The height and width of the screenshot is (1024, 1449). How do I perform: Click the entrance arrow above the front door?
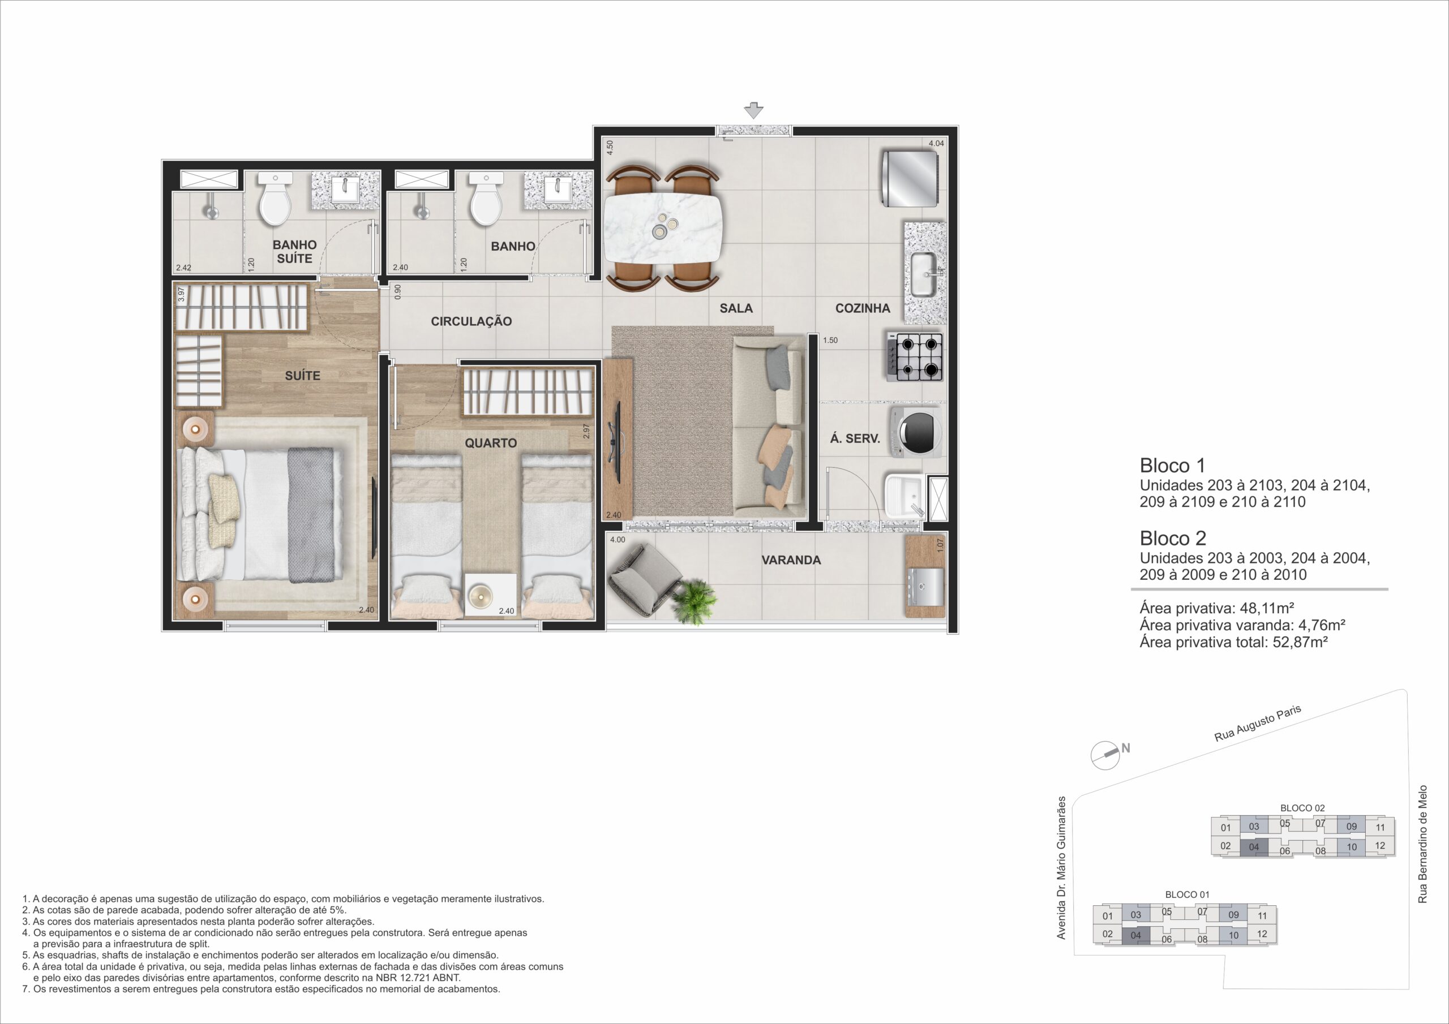[753, 110]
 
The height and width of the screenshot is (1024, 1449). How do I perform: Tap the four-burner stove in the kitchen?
[915, 357]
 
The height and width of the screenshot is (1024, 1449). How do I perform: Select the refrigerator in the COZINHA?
[909, 179]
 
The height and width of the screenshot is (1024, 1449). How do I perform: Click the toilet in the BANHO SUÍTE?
[275, 199]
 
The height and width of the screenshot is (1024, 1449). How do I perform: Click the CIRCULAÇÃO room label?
[471, 321]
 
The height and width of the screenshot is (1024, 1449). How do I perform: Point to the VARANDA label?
[791, 560]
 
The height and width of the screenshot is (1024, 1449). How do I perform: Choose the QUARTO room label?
[491, 444]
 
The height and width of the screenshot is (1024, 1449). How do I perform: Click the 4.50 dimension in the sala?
[610, 148]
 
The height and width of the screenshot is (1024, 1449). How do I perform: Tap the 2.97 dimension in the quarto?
[586, 432]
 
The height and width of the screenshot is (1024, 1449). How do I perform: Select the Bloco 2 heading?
[1173, 538]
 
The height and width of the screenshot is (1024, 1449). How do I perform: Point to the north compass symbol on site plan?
[1105, 754]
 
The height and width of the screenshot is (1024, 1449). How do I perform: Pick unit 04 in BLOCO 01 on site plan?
[1136, 935]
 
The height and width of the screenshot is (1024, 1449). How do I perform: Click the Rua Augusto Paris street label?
[1258, 723]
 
